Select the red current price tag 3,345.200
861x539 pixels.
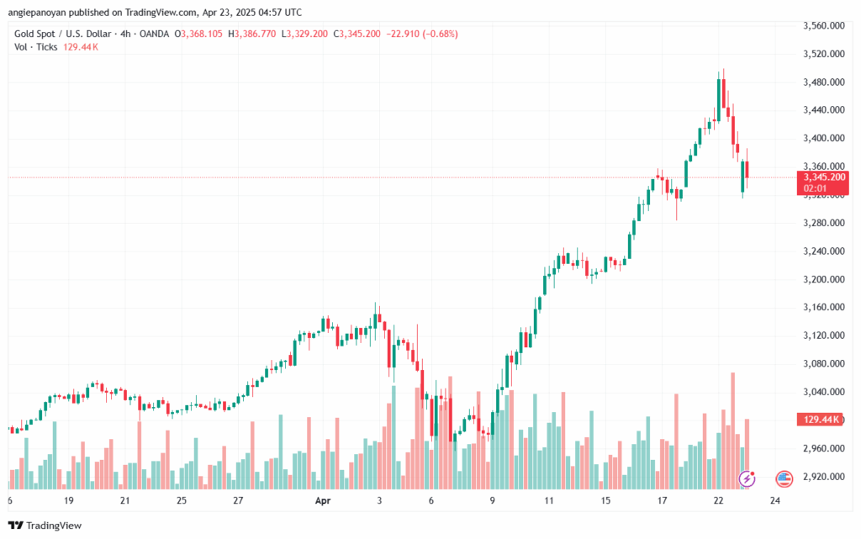coord(823,177)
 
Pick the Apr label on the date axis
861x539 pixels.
coord(323,500)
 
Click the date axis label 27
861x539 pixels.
coord(238,500)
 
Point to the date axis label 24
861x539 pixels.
coord(774,500)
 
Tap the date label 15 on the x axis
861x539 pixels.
coord(605,500)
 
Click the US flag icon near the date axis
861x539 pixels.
coord(784,478)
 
